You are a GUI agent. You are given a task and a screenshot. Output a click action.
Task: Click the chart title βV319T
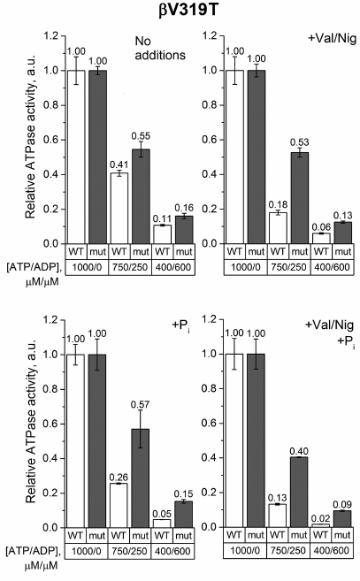[180, 11]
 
